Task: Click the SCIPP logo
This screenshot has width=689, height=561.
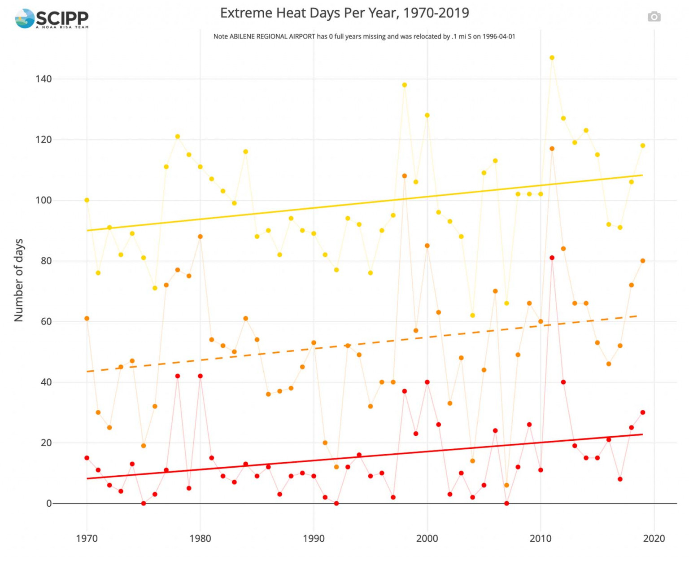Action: pos(52,18)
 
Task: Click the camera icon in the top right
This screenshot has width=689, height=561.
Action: pos(654,17)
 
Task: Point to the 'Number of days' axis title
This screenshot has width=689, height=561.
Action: pos(19,280)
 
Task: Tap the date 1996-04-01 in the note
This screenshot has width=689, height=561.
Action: pos(498,36)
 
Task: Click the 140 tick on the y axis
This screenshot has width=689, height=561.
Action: pos(44,79)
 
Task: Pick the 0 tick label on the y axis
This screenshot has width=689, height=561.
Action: pos(49,504)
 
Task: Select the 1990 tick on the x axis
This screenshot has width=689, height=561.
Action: pos(314,538)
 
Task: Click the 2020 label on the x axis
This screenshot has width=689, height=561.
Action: pos(654,538)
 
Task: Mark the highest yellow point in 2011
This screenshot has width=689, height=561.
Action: pos(552,58)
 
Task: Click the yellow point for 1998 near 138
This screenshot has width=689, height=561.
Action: pos(405,85)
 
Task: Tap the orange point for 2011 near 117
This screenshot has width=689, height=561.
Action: pos(552,149)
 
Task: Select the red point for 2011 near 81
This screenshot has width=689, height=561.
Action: pos(552,258)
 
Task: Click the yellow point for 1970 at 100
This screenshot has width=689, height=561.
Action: pos(87,200)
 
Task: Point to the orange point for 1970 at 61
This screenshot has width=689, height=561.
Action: pos(87,319)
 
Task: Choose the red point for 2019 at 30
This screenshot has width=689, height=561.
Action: pos(643,412)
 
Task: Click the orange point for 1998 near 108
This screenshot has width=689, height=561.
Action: pos(405,176)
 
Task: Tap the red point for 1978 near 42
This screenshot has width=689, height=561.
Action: pos(178,376)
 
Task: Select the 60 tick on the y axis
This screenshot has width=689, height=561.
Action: pos(46,321)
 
